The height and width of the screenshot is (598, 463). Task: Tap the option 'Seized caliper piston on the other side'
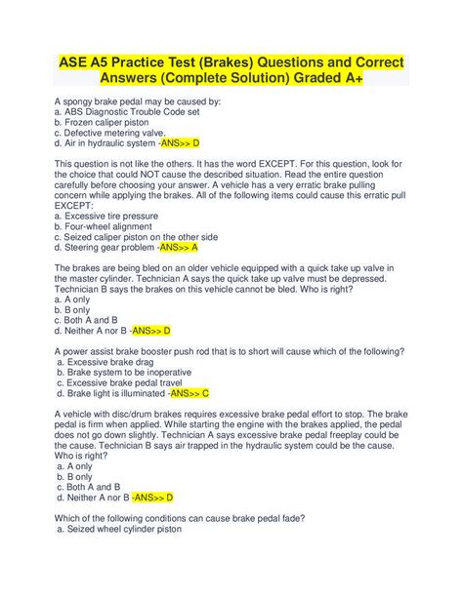137,236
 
